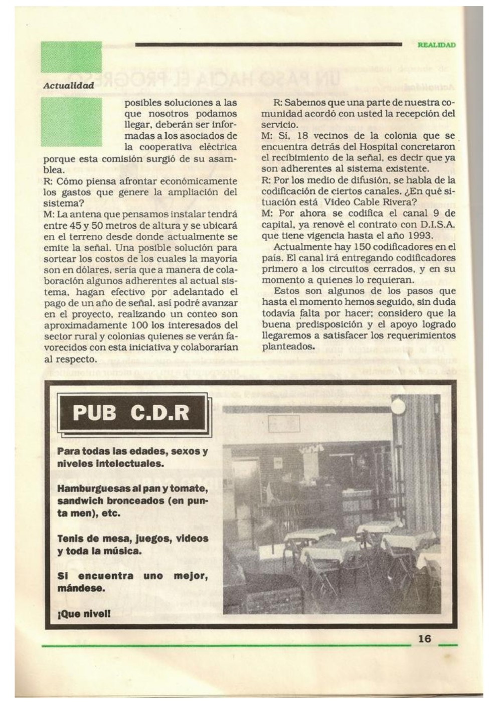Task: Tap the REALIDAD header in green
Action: pos(436,45)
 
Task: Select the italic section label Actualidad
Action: pos(69,86)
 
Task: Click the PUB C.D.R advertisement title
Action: pos(131,413)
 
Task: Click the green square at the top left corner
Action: pos(71,57)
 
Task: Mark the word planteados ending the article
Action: pos(285,346)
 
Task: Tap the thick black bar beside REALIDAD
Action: pos(268,45)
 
